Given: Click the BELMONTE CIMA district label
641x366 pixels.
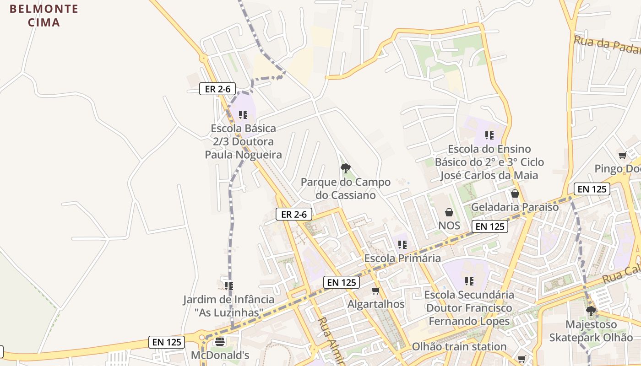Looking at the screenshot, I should click(44, 16).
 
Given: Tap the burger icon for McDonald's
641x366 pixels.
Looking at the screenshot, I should click(220, 341).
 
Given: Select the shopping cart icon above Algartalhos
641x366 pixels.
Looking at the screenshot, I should click(376, 291).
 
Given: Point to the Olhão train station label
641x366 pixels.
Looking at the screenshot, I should click(459, 346).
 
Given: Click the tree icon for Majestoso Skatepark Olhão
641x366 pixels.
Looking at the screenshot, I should click(591, 311).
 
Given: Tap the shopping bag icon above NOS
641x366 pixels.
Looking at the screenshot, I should click(449, 212).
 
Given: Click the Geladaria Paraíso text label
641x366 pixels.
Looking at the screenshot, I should click(515, 207).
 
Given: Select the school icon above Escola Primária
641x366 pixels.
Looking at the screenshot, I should click(402, 245).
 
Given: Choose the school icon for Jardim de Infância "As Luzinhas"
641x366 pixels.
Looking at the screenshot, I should click(229, 286).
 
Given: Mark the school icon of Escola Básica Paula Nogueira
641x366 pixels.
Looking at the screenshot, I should click(243, 115).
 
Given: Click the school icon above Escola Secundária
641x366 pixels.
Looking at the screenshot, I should click(469, 281).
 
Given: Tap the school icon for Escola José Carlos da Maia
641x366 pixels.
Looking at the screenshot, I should click(489, 135).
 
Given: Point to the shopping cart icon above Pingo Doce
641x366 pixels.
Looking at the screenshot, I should click(622, 156).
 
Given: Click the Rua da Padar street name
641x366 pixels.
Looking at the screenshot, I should click(607, 46).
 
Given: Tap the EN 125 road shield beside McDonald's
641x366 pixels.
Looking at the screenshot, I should click(167, 342).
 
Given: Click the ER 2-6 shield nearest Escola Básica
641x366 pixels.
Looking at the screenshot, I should click(217, 89).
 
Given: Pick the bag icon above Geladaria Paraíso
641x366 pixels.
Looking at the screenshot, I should click(515, 194).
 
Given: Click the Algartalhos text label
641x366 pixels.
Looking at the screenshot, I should click(376, 304).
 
